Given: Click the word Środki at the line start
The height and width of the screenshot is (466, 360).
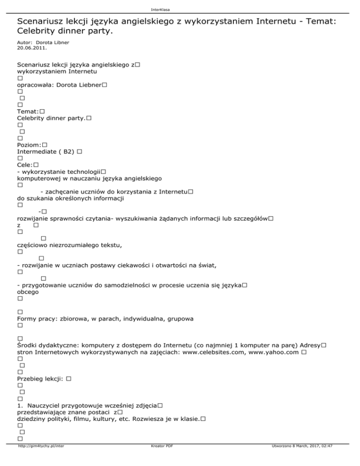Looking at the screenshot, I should [x=28, y=345].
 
